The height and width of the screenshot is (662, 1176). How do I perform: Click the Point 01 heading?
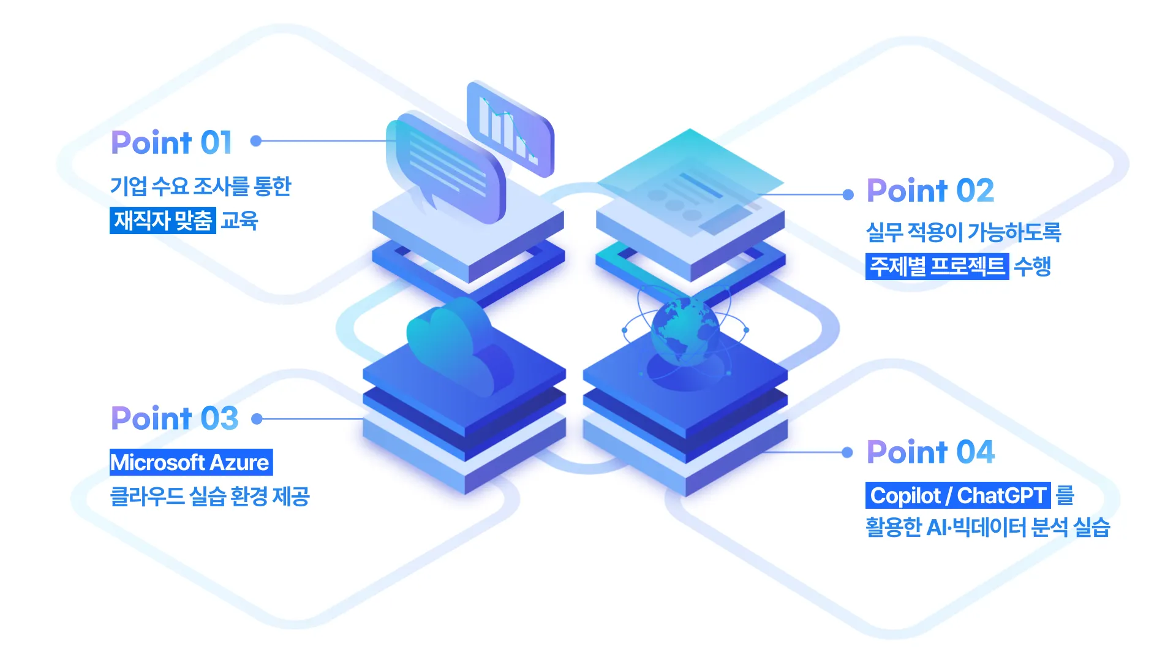pyautogui.click(x=171, y=143)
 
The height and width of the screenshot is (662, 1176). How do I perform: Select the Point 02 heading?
pyautogui.click(x=930, y=191)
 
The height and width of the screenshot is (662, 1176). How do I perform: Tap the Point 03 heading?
pyautogui.click(x=175, y=419)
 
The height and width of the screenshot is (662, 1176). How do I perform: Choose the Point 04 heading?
pyautogui.click(x=930, y=452)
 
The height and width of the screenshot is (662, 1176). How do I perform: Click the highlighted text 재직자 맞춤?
pyautogui.click(x=163, y=221)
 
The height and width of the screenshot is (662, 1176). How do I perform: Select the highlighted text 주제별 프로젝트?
pyautogui.click(x=937, y=267)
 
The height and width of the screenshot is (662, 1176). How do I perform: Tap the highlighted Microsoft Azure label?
pyautogui.click(x=190, y=462)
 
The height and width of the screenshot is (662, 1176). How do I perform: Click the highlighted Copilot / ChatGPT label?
pyautogui.click(x=957, y=495)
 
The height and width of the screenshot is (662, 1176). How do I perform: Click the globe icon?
pyautogui.click(x=685, y=330)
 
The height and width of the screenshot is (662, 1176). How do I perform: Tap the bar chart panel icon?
pyautogui.click(x=510, y=129)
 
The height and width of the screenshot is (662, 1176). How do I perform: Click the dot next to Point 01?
pyautogui.click(x=256, y=141)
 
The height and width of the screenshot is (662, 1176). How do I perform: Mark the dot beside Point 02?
pyautogui.click(x=848, y=195)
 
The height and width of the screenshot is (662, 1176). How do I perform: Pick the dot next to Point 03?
pyautogui.click(x=257, y=419)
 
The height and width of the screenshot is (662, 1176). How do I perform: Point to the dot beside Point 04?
pyautogui.click(x=847, y=452)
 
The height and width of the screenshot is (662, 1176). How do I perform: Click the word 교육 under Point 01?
pyautogui.click(x=239, y=221)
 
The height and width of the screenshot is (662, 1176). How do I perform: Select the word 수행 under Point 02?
pyautogui.click(x=1032, y=267)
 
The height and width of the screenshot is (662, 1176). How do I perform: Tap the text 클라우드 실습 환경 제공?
pyautogui.click(x=209, y=496)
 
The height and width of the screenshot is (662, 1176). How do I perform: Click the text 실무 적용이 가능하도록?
pyautogui.click(x=963, y=232)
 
